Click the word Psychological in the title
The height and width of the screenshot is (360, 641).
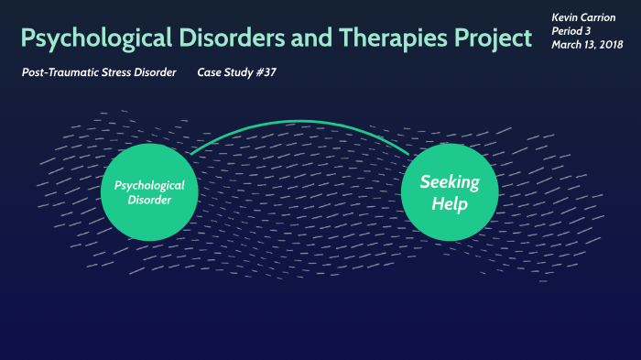(91, 38)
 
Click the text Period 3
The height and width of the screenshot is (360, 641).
(573, 31)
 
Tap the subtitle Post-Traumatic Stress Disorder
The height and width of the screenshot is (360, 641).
(99, 72)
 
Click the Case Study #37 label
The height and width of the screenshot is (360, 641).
(236, 72)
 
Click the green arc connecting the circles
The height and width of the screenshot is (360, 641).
(299, 123)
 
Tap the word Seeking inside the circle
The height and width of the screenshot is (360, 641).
(449, 181)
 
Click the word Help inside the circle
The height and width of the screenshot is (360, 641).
(449, 204)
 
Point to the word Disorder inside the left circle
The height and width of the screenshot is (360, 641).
(149, 201)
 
